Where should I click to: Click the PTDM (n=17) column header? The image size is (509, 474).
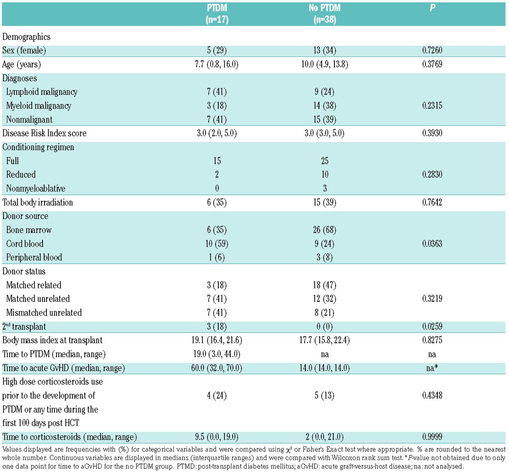pos(217,14)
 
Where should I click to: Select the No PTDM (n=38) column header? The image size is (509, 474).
pos(324,14)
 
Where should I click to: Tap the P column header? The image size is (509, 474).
pos(432,8)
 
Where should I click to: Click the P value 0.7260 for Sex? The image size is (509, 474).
pos(432,51)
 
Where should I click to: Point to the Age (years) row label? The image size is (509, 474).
pos(21,64)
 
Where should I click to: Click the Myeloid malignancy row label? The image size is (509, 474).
pos(39,106)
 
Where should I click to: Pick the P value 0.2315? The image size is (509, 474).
pos(432,106)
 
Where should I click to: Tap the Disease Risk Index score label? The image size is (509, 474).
pos(45,133)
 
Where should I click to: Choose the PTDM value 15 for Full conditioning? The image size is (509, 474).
pos(217,161)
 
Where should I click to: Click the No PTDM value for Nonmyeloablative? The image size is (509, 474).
pos(324,188)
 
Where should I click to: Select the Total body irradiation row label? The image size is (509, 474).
pos(38,202)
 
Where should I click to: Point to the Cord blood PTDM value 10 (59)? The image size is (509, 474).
pos(217,244)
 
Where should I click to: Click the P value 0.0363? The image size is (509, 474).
pos(432,244)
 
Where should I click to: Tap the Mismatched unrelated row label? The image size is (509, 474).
pos(44,313)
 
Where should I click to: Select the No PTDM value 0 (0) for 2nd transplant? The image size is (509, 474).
pos(324,326)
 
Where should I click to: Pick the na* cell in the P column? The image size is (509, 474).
pos(432,368)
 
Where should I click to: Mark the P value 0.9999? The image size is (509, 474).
pos(432,437)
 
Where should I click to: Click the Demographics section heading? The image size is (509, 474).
pos(26,37)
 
